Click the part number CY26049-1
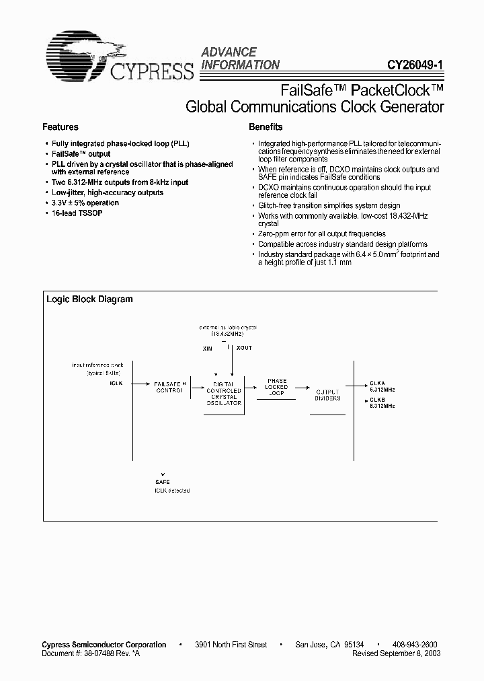tap(415, 66)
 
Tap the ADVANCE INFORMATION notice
tap(240, 59)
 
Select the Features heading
tap(61, 127)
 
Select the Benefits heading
tap(266, 127)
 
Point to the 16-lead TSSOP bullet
tap(77, 213)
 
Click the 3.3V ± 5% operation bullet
tap(85, 203)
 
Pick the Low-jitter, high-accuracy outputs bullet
tap(108, 192)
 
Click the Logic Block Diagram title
tap(89, 299)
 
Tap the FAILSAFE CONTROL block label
tap(169, 386)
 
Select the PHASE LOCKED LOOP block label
tap(276, 387)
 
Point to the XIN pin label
tap(208, 349)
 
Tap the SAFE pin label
tap(163, 482)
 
